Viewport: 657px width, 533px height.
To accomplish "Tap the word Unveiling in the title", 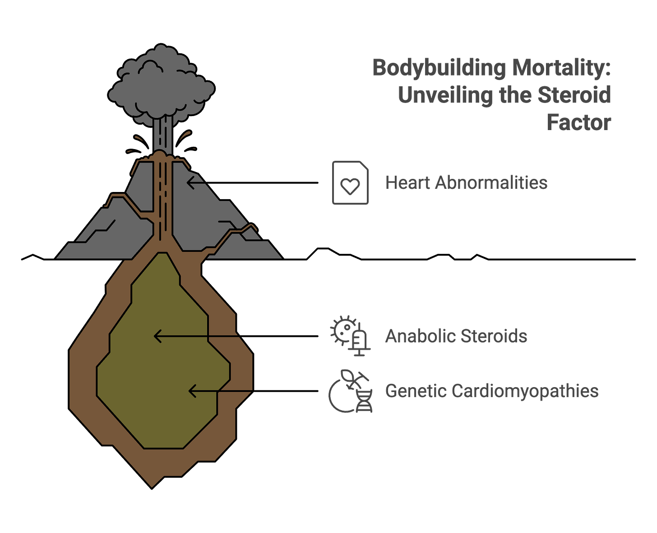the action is [444, 95].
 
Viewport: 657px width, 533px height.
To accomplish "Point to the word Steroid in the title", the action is [574, 95].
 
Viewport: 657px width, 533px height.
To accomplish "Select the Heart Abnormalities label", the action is [466, 183].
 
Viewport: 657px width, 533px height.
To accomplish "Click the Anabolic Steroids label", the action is [456, 337].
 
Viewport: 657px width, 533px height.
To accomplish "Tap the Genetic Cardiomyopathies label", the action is [491, 391].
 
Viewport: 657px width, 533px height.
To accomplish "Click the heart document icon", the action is [350, 183].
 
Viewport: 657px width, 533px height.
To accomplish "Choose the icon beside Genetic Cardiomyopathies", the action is [351, 391].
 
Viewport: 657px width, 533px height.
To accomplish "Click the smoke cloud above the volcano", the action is [161, 86].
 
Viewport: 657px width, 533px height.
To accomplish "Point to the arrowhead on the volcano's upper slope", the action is [190, 182].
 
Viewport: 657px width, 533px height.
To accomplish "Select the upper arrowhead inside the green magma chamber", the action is [157, 337].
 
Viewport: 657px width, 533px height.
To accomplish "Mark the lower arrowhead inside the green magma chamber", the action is [191, 391].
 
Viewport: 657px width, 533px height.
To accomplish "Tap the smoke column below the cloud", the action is [162, 133].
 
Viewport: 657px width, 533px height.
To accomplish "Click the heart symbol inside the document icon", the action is [350, 186].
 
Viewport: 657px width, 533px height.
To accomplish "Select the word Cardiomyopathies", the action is [524, 391].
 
